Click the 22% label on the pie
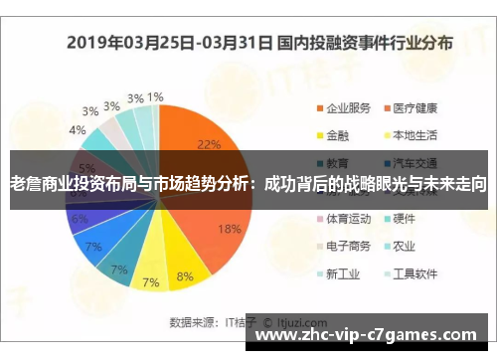pos(209,144)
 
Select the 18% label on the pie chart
pos(230,229)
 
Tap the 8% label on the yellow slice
pos(185,275)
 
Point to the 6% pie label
pos(80,219)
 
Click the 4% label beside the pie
pos(77,130)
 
